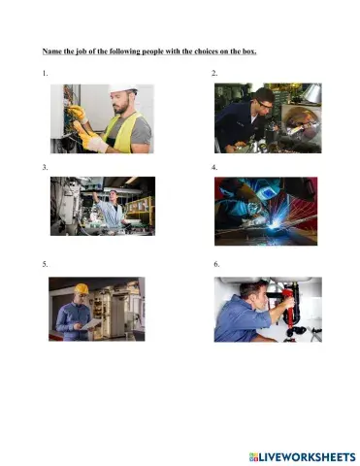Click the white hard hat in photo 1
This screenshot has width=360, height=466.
click(x=122, y=90)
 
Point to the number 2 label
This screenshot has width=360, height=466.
click(x=214, y=75)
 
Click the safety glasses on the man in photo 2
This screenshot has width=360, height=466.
click(x=263, y=102)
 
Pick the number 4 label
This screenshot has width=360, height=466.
click(x=214, y=168)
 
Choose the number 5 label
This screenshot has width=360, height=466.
click(x=45, y=263)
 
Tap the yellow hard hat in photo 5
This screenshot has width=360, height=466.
click(x=82, y=288)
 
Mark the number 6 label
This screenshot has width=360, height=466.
click(x=216, y=263)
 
